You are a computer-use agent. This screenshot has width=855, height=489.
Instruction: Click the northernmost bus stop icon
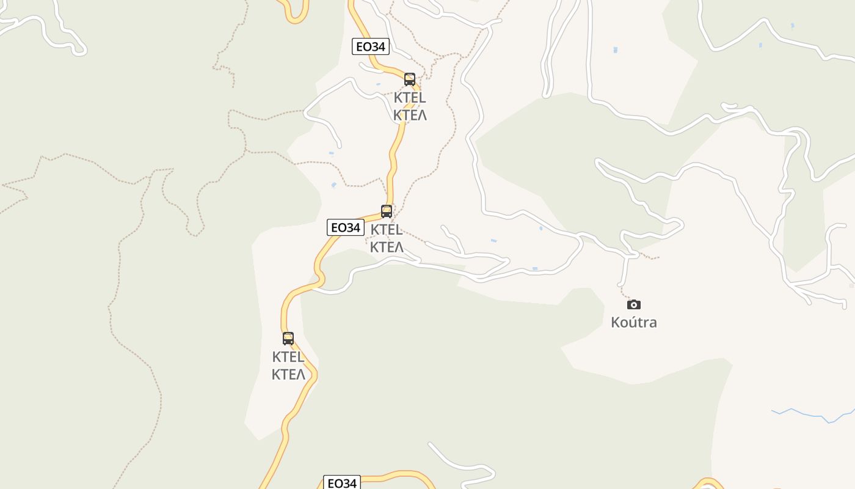click(410, 79)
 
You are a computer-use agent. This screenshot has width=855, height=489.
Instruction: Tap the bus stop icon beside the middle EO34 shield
click(387, 211)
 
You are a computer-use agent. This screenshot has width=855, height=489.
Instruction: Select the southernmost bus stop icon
click(288, 338)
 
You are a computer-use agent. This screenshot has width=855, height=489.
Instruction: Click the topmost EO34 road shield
click(371, 46)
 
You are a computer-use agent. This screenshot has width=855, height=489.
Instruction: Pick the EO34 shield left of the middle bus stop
click(346, 227)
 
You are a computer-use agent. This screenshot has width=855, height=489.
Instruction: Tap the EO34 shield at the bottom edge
click(341, 483)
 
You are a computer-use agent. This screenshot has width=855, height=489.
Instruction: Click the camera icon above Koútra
click(634, 304)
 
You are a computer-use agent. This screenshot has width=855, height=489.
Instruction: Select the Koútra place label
click(634, 322)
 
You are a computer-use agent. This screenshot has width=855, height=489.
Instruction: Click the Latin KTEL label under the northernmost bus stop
click(410, 98)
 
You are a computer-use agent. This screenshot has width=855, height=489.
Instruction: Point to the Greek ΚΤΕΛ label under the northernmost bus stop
click(410, 115)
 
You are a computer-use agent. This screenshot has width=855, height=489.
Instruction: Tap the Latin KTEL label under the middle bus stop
click(387, 230)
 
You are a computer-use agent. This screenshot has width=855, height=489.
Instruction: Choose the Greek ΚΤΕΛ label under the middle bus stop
click(387, 247)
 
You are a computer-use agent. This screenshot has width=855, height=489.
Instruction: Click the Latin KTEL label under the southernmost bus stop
click(288, 357)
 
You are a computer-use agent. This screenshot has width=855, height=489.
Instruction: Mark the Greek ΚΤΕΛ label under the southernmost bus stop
click(288, 374)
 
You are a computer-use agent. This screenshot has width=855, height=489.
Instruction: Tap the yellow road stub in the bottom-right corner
click(708, 482)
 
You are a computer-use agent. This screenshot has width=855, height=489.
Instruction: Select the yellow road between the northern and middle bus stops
click(394, 153)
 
